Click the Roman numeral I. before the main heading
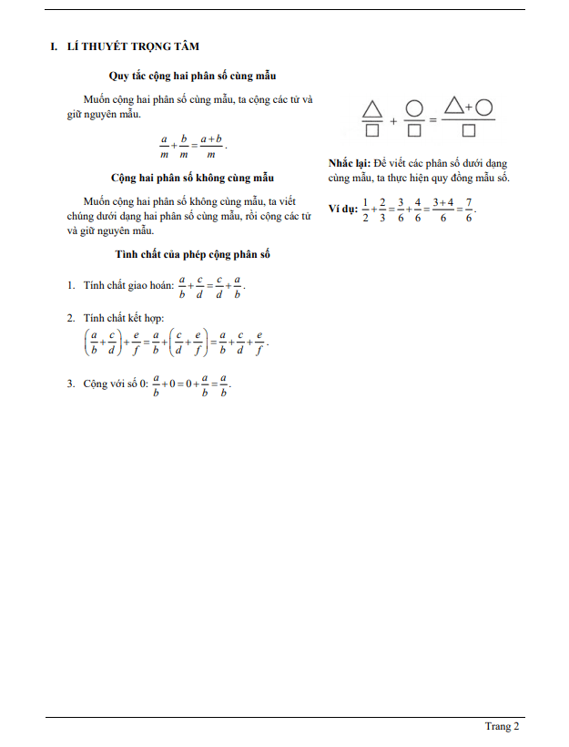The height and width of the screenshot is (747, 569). [x=54, y=46]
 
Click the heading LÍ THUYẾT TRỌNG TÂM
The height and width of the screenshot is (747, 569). [x=134, y=46]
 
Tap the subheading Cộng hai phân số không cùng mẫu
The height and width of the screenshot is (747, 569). [x=192, y=178]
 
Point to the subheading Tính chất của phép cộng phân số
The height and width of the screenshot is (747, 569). [x=192, y=254]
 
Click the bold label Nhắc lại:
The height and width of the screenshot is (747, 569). [x=350, y=163]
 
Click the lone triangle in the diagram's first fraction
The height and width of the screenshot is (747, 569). [x=371, y=108]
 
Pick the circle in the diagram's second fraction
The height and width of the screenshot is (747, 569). [x=414, y=108]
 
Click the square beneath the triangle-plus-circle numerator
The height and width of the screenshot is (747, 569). [x=469, y=131]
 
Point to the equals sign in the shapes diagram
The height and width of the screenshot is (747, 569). [x=433, y=120]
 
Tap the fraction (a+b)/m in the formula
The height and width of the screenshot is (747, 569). [x=211, y=146]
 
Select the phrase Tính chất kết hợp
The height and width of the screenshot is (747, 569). [x=119, y=318]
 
